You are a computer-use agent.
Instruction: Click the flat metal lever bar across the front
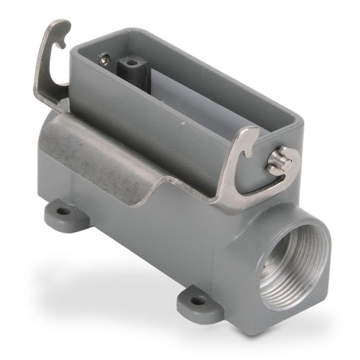[x=103, y=149]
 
